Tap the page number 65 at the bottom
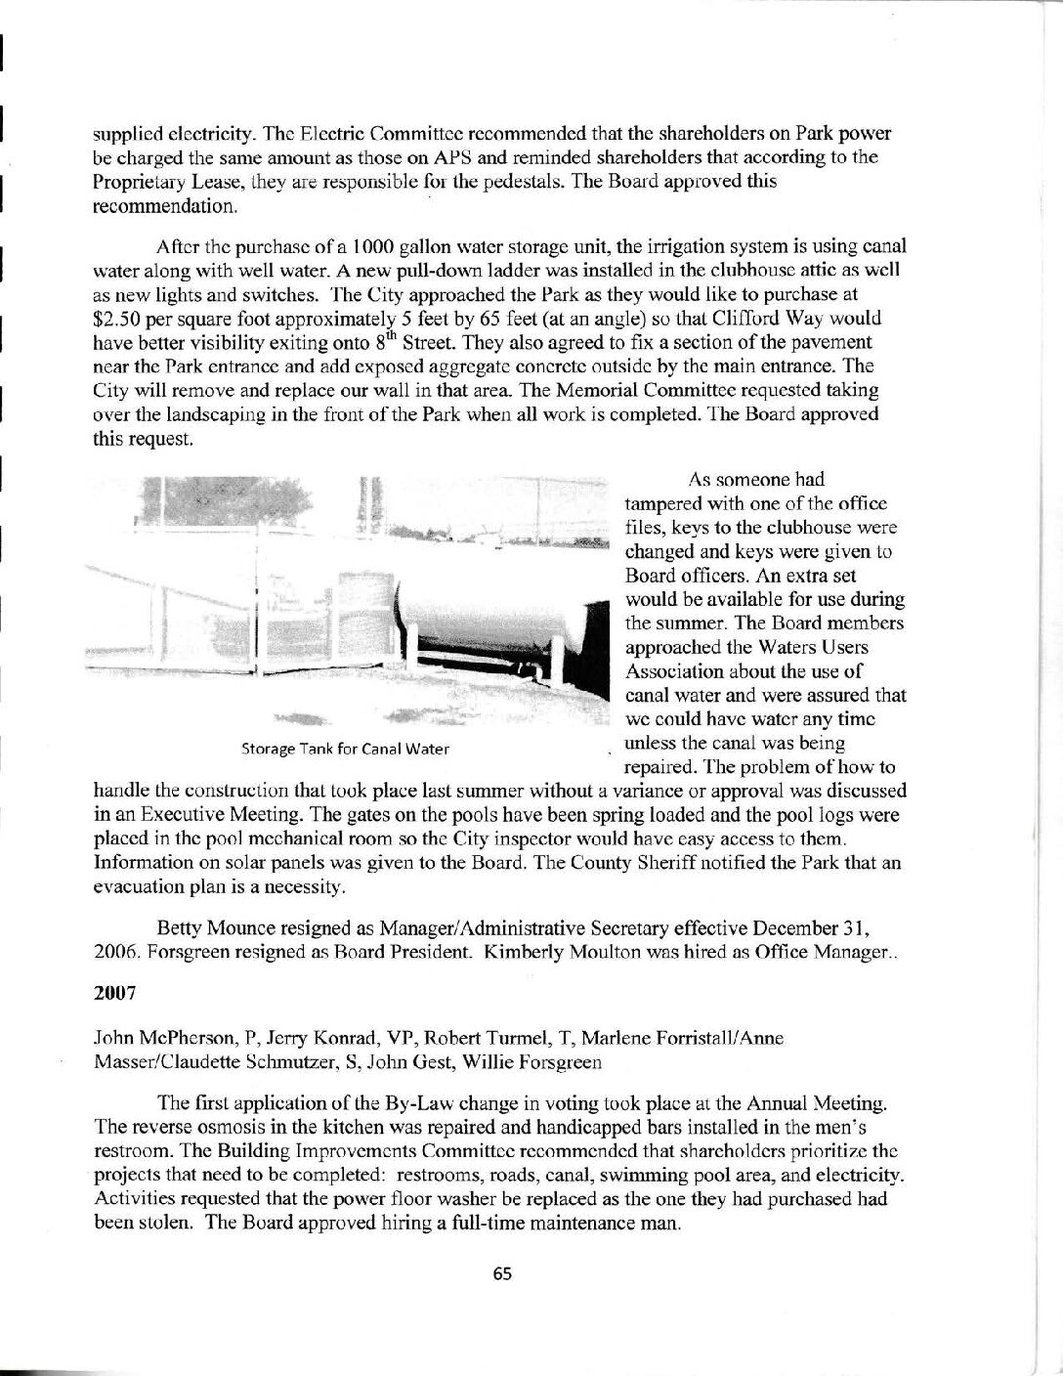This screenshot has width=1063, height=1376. tap(503, 1273)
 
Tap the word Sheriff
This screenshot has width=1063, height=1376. tap(752, 863)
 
